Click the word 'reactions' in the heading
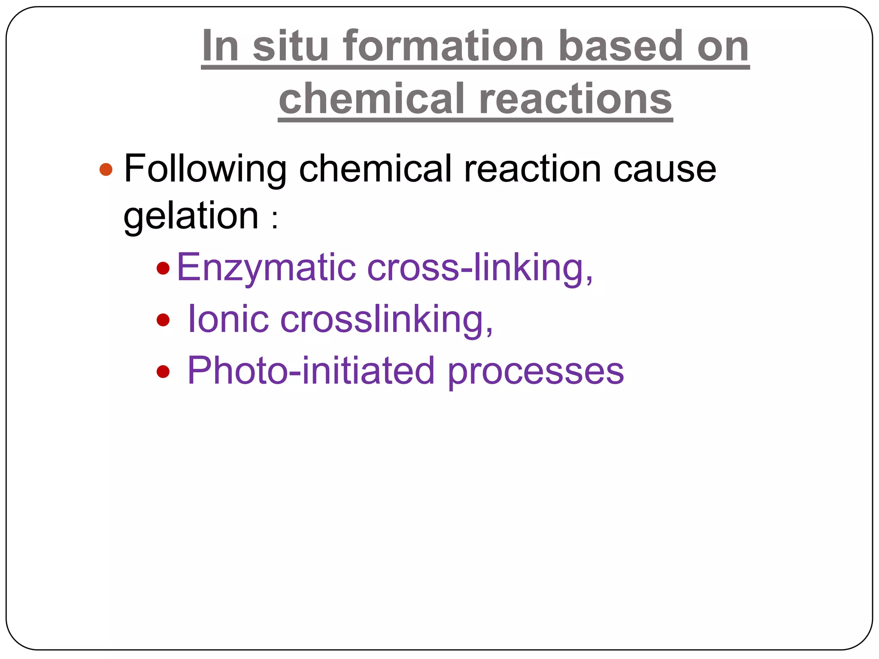(575, 99)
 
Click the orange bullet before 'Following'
(106, 169)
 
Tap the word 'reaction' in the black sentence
(533, 169)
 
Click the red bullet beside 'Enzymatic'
(163, 269)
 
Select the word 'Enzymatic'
(266, 268)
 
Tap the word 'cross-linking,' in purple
(480, 268)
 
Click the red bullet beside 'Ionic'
(163, 320)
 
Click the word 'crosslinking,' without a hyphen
(387, 320)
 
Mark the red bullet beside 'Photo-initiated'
(163, 371)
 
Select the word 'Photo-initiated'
(311, 371)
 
